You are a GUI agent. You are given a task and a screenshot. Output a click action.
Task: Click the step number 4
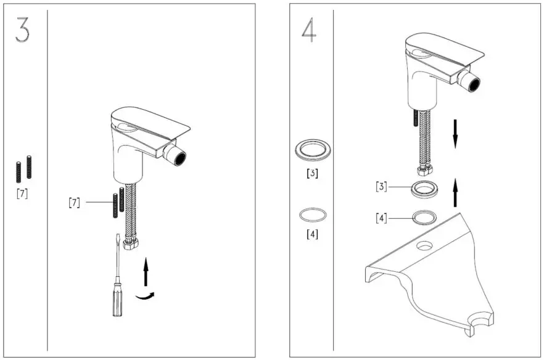tap(308, 29)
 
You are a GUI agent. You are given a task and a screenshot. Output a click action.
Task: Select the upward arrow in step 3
tap(146, 272)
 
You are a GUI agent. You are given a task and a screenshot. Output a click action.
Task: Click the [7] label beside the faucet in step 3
tap(75, 202)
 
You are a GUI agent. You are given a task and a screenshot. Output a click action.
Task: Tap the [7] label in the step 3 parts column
tap(22, 194)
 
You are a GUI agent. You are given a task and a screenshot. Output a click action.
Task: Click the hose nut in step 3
tap(131, 243)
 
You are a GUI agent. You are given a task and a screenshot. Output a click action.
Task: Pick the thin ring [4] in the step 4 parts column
tap(313, 215)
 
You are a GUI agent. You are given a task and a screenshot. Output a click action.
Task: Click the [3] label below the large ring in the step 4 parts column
tap(313, 173)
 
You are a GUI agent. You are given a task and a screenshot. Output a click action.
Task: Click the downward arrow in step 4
tap(455, 133)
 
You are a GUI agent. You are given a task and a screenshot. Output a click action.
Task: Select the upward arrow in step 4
tap(455, 192)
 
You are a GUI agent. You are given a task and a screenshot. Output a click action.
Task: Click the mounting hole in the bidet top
tap(424, 246)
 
